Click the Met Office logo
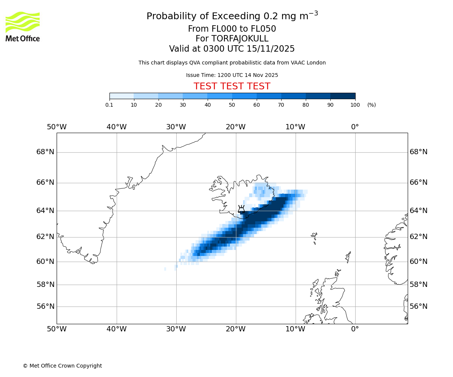point(23,26)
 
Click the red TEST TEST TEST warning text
point(232,87)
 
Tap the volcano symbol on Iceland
point(241,209)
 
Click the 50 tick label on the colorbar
point(232,105)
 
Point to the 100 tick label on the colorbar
point(355,105)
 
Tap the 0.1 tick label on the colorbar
point(109,105)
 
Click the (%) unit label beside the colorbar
point(371,105)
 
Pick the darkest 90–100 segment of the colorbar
point(343,96)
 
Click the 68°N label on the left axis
point(45,152)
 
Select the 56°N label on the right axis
point(419,307)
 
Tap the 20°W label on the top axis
point(236,127)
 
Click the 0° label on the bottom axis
point(355,329)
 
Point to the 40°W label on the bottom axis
point(116,329)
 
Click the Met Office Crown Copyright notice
point(62,366)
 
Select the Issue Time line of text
point(232,75)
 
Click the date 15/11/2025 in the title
point(271,49)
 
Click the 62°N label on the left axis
point(45,237)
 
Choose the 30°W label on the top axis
point(176,127)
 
